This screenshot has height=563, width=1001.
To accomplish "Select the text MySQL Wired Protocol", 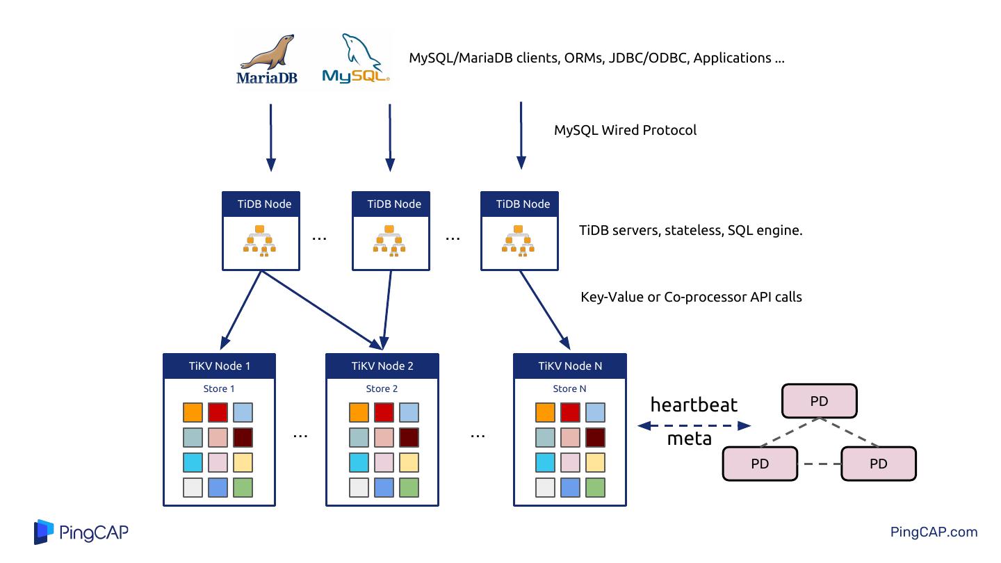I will click(x=625, y=130).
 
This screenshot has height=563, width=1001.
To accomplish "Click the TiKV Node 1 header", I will click(x=219, y=366).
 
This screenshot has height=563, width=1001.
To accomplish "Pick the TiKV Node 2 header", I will click(x=382, y=366).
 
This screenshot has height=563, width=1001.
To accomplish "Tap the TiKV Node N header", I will click(x=569, y=366).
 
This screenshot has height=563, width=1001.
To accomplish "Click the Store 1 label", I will click(x=219, y=389).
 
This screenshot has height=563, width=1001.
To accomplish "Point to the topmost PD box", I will click(x=820, y=402).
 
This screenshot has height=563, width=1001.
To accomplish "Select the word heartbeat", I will click(x=694, y=405).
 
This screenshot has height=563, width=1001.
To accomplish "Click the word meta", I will click(x=689, y=439).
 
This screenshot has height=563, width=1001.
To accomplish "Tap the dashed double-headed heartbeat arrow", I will click(x=694, y=425).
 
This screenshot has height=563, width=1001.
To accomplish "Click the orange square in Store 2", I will click(x=359, y=413).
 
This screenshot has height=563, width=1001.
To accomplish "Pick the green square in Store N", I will click(x=595, y=487).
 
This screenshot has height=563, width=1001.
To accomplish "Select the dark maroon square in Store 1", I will click(x=243, y=438).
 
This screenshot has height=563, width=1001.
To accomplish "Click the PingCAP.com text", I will click(x=934, y=532).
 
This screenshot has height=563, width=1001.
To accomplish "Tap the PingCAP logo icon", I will click(x=44, y=532).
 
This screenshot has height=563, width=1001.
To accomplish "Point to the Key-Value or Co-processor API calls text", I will click(x=691, y=297).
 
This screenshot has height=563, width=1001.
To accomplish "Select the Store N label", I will click(x=569, y=389).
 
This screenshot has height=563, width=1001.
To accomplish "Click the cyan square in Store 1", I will click(x=193, y=463).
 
